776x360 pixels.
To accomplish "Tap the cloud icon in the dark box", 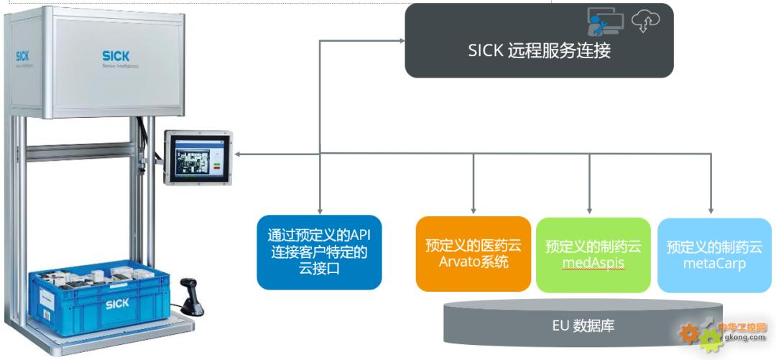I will [x=645, y=22].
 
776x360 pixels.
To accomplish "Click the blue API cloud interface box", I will [x=319, y=252].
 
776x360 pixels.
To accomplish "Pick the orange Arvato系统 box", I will [x=474, y=253].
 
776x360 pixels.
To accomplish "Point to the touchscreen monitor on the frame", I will [x=198, y=157].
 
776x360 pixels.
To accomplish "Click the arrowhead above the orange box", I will [x=474, y=211].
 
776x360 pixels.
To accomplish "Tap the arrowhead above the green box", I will [x=590, y=211].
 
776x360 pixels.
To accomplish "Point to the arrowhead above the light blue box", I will [x=711, y=211].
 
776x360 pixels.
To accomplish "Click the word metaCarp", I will [x=714, y=264].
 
